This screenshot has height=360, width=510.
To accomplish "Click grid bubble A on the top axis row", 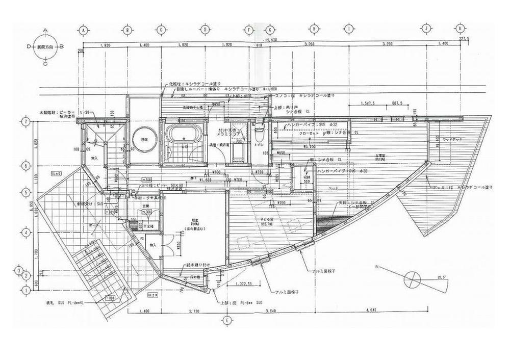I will [x=83, y=29].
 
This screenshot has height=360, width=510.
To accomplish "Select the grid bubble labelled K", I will [x=461, y=29].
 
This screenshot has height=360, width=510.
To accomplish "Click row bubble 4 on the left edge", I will [x=24, y=232].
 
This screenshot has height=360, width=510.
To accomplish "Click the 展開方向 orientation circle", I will [x=45, y=47].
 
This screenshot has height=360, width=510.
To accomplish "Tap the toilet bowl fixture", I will [x=259, y=135].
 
